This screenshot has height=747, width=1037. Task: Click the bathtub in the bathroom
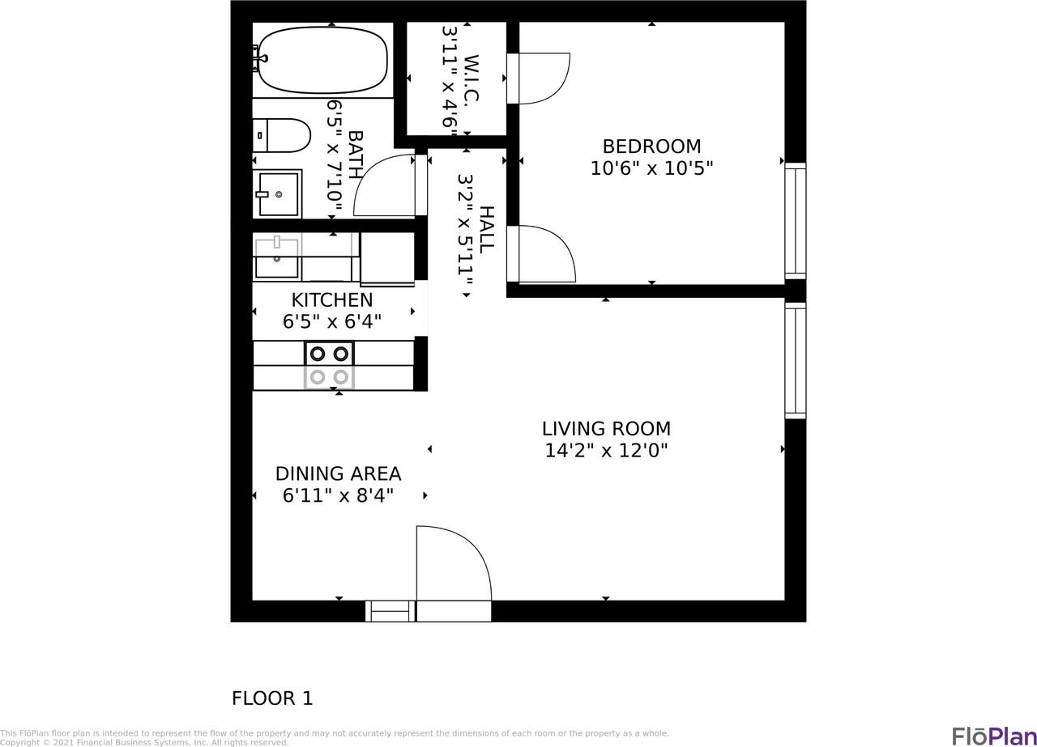tap(322, 60)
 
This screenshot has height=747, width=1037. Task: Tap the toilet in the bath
tap(281, 135)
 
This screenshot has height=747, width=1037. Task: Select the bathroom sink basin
tap(278, 194)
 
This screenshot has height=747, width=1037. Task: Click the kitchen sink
tap(277, 258)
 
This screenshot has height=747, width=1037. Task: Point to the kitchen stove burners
tap(329, 366)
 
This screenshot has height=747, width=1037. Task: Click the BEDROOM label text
tap(651, 146)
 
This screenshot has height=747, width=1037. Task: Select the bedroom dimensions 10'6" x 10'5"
tap(651, 168)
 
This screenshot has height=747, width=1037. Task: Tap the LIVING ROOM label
tap(606, 429)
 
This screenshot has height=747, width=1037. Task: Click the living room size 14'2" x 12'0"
tap(606, 451)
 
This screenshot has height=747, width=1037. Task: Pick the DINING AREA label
tap(338, 474)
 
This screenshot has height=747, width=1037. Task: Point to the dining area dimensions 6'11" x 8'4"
tap(338, 496)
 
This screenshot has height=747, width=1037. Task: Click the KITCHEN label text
tap(332, 300)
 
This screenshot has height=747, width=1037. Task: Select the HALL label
tap(486, 230)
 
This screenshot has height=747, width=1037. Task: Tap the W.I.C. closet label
tap(472, 79)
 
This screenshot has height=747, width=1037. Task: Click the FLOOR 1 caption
tap(272, 698)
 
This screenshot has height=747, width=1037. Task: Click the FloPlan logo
tap(994, 736)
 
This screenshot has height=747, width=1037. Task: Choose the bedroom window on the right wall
tap(796, 221)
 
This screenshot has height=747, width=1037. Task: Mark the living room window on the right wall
tap(796, 361)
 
